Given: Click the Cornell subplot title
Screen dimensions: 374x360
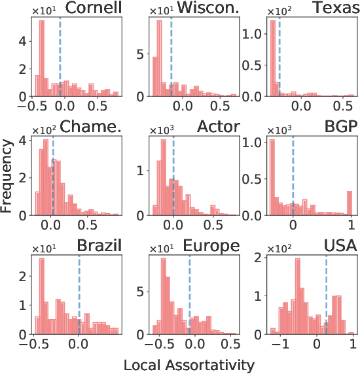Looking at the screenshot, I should click(89, 8).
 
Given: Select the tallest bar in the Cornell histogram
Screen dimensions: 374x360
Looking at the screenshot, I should click(42, 59).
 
